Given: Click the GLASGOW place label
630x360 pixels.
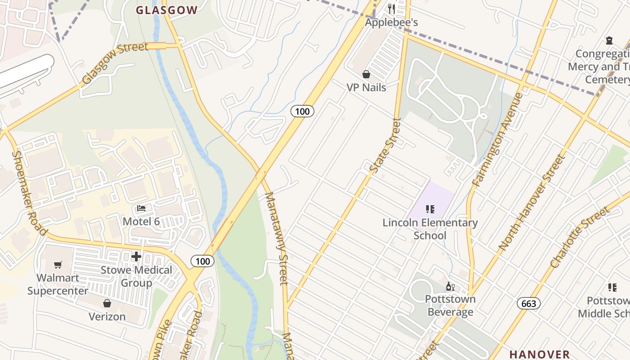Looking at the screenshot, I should (166, 10).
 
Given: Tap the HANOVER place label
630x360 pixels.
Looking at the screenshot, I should (540, 354).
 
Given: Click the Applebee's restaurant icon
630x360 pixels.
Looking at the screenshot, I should (391, 9).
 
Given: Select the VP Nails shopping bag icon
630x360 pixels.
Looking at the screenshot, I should (366, 74).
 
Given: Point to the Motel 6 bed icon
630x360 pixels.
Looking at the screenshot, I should (141, 209).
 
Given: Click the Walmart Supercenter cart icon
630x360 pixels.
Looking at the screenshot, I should (58, 265).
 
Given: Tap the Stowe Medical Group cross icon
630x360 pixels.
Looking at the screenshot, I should (136, 257).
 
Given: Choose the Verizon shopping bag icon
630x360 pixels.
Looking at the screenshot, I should (107, 304).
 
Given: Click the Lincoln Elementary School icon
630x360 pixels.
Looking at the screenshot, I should (430, 209).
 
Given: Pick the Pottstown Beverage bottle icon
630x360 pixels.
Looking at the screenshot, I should (450, 286).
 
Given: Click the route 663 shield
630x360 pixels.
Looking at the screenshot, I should (528, 304).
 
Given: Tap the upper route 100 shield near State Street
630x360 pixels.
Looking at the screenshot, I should (302, 111).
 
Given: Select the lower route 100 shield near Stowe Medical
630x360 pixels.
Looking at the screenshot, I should (202, 261).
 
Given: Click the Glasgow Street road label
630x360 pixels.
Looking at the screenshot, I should (114, 63).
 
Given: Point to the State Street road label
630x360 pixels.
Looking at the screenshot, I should (385, 145).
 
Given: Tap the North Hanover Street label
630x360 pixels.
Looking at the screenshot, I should (531, 202).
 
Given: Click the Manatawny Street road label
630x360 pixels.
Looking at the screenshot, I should (276, 238).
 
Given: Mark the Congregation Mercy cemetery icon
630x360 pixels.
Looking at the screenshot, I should (609, 40).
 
